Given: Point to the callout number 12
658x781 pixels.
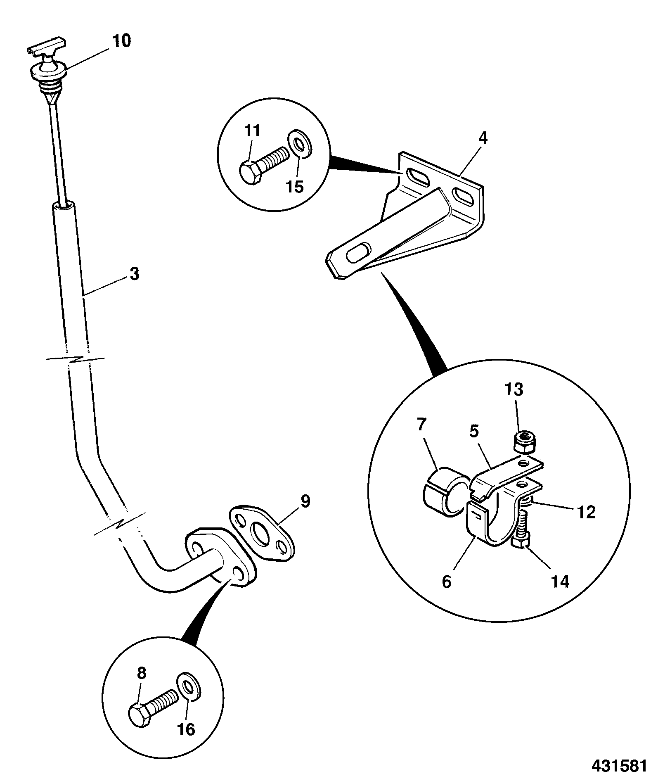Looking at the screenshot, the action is coord(587,512).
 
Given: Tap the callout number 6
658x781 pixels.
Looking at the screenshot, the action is coord(446,582).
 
